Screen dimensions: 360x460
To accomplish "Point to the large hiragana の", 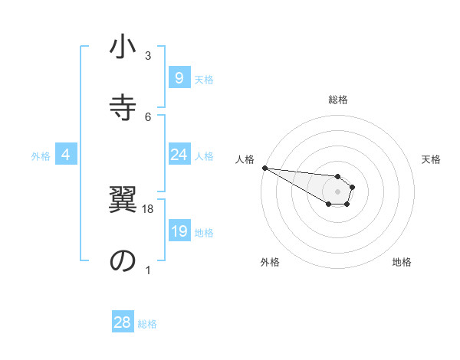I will click(123, 260).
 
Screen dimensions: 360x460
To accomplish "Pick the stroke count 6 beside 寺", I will click(148, 116).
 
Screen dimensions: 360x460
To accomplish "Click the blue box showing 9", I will click(179, 77).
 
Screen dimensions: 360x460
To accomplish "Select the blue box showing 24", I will click(179, 155).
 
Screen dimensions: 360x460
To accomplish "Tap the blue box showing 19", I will click(179, 231).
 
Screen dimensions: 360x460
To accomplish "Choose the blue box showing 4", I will click(66, 155).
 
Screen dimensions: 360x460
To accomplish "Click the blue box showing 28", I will click(122, 322).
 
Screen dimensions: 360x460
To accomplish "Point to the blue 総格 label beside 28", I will click(147, 324).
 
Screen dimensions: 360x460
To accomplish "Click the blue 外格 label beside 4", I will click(41, 156).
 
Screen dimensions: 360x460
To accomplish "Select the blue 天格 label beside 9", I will click(203, 79).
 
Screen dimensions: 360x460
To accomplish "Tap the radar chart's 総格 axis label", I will click(337, 100).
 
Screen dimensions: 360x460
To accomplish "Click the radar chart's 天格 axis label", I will click(431, 159).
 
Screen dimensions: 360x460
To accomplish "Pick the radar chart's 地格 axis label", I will click(402, 263).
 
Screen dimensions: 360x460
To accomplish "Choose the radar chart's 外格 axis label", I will click(270, 263).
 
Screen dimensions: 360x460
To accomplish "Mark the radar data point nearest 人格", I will click(264, 168).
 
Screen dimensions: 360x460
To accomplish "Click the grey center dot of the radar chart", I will click(337, 191).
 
